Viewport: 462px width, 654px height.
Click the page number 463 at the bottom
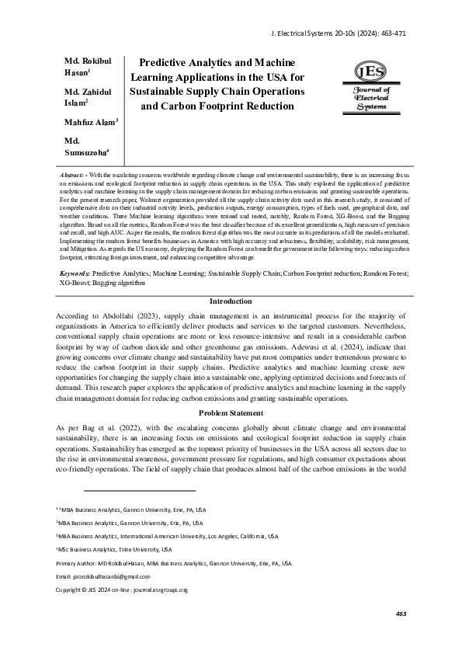coord(401,635)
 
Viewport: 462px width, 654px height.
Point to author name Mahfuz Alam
coord(90,121)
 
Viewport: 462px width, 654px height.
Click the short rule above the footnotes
coord(139,491)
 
